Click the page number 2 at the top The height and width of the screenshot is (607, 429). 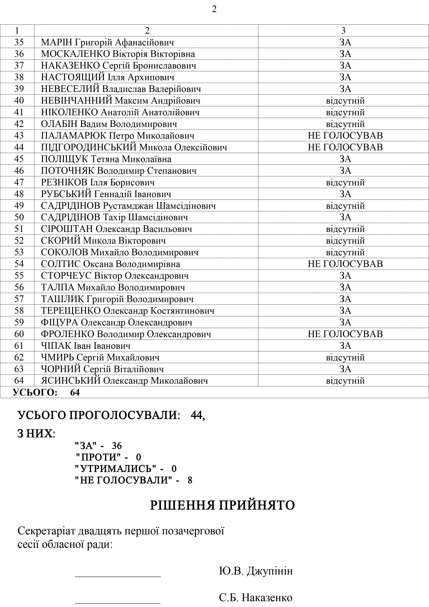(214, 9)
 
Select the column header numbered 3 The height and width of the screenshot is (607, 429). (343, 31)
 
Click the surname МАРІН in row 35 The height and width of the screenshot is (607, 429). (57, 43)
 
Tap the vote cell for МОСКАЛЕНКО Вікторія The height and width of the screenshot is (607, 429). (345, 54)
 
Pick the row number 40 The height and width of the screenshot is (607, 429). (19, 101)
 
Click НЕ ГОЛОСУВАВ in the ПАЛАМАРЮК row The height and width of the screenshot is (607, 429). (345, 136)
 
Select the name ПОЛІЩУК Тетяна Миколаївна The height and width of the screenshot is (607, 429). (106, 159)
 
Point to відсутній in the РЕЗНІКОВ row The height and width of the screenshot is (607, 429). (345, 182)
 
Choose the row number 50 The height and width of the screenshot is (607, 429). (19, 217)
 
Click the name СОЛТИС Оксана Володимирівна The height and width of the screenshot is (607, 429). (110, 264)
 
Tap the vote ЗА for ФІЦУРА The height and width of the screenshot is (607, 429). (345, 322)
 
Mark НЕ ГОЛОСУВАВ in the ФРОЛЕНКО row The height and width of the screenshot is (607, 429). (345, 334)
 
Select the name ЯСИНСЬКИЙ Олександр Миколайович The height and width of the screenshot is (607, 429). (124, 381)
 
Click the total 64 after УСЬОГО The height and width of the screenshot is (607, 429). (75, 393)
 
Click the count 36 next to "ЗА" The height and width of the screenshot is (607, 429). (117, 446)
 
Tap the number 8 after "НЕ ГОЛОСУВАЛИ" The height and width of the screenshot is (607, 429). (190, 480)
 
